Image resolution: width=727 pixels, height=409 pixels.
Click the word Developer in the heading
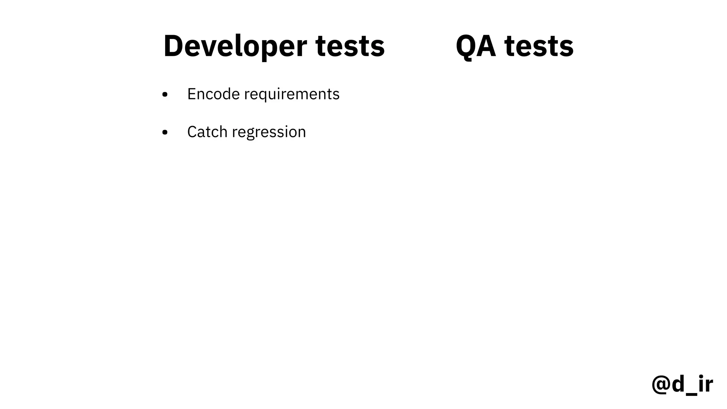coord(235,46)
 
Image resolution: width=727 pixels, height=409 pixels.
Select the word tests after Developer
coord(350,46)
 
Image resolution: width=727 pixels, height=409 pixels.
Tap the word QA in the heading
coord(476,46)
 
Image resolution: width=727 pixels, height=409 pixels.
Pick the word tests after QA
coord(539,46)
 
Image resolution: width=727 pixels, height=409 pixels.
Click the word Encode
coord(213,94)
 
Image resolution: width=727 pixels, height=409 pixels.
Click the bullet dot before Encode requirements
coord(165,95)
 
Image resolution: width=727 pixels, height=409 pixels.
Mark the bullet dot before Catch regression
coord(165,132)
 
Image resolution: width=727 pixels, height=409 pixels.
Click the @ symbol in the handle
coord(661,384)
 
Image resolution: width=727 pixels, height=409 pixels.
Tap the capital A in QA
coord(486,46)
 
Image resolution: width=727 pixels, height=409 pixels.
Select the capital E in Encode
coord(191,94)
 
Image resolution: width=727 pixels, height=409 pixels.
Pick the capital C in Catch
coord(192,132)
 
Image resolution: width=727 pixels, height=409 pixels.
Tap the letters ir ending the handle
coord(705,384)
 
